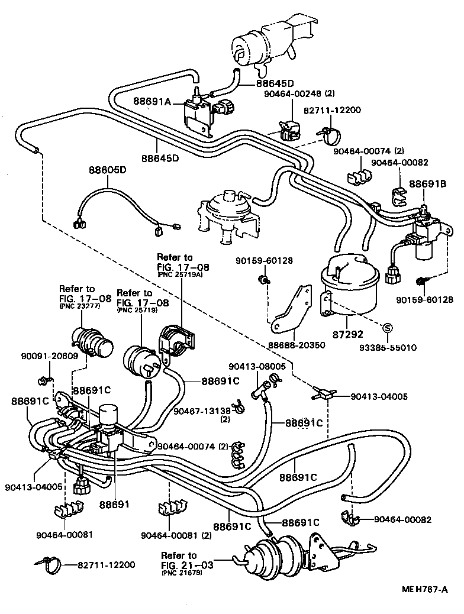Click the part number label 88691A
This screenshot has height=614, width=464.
[x=151, y=102]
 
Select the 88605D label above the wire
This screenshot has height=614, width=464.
[x=107, y=170]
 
